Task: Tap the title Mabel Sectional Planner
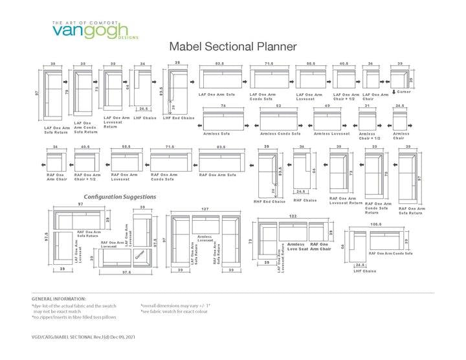[x=232, y=47]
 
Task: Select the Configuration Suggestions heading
[x=120, y=196]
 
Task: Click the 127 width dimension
[x=205, y=209]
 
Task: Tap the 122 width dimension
[x=293, y=216]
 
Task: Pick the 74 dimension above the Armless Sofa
[x=223, y=106]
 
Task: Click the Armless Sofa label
[x=216, y=133]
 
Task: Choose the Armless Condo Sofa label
[x=280, y=133]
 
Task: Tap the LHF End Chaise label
[x=178, y=117]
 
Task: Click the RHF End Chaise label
[x=269, y=201]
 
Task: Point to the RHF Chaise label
[x=305, y=200]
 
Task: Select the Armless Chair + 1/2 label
[x=369, y=135]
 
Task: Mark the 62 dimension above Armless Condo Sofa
[x=278, y=106]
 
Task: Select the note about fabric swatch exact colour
[x=174, y=311]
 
